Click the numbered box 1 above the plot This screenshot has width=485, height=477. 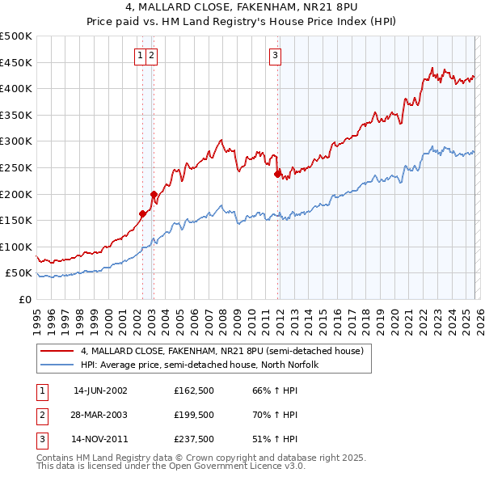(141, 55)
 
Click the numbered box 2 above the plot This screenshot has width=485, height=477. (152, 55)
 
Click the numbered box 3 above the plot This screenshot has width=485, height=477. (275, 55)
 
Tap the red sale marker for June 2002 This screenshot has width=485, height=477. (143, 213)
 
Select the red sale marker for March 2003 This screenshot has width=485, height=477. (154, 194)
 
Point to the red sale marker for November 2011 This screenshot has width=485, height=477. (277, 174)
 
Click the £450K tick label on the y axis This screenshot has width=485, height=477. (16, 62)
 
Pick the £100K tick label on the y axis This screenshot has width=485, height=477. (16, 247)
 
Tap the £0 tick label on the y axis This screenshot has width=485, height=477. (26, 300)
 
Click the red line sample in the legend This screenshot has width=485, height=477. (57, 352)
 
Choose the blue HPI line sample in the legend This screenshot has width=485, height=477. (57, 365)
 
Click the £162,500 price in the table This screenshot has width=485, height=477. (194, 390)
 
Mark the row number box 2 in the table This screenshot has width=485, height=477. (41, 416)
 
